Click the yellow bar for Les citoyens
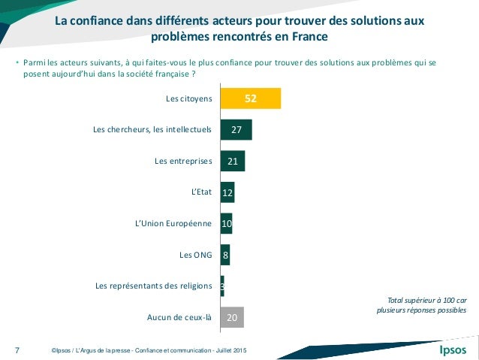[x=251, y=98]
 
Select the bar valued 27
[x=236, y=130]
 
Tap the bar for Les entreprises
[x=233, y=161]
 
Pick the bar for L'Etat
[x=227, y=192]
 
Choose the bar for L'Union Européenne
[x=226, y=224]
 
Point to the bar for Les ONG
[x=225, y=255]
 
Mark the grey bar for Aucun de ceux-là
[x=232, y=317]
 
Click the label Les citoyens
[x=189, y=98]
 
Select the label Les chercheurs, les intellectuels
[x=152, y=130]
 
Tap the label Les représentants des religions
[x=154, y=286]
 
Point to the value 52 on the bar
[x=251, y=98]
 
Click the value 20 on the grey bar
[x=233, y=317]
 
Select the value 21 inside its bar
[x=233, y=161]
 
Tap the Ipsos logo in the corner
[x=452, y=349]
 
